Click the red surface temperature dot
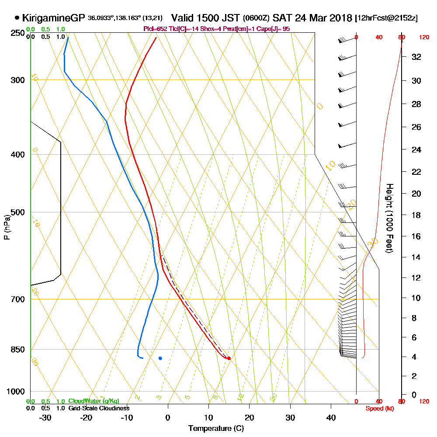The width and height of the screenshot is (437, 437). pyautogui.click(x=229, y=358)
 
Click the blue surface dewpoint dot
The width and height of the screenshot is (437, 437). pyautogui.click(x=160, y=358)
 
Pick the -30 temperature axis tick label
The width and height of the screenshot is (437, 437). pyautogui.click(x=45, y=417)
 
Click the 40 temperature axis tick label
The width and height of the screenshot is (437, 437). pyautogui.click(x=331, y=417)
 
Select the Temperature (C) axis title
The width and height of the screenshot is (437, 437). pyautogui.click(x=216, y=428)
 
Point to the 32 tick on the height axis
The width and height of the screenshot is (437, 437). pyautogui.click(x=416, y=57)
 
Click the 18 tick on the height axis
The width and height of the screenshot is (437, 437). pyautogui.click(x=416, y=215)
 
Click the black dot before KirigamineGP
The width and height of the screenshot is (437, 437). pyautogui.click(x=17, y=18)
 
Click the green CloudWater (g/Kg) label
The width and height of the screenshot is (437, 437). pyautogui.click(x=94, y=401)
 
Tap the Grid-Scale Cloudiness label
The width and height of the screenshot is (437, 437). pyautogui.click(x=99, y=408)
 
